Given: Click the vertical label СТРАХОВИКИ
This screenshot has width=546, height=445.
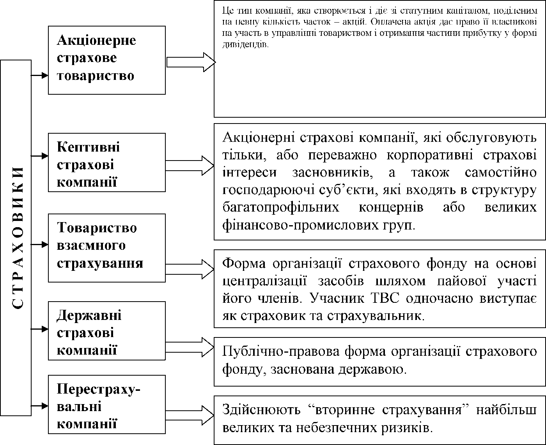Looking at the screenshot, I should click(16, 238).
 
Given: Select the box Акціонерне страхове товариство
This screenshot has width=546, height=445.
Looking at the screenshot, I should click(106, 60).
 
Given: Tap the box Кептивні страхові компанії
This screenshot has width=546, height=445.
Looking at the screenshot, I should click(106, 162).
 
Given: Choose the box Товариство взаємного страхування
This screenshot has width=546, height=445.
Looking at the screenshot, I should click(106, 247).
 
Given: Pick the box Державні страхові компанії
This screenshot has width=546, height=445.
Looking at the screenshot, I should click(106, 331).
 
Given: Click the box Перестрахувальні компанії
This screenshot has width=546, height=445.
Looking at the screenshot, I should click(106, 404).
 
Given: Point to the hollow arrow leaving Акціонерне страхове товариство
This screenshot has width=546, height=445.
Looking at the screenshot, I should click(191, 62).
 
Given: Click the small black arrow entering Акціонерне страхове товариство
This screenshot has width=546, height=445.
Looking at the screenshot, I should click(39, 75).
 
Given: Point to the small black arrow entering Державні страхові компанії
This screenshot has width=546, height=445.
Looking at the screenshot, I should click(39, 329).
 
